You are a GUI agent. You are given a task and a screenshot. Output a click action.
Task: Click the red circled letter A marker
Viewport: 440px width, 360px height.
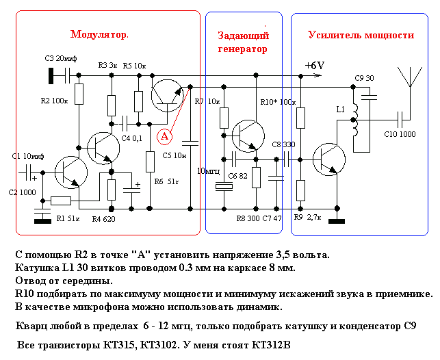[x=164, y=137]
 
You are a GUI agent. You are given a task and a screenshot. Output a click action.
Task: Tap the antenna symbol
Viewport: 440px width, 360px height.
[x=410, y=84]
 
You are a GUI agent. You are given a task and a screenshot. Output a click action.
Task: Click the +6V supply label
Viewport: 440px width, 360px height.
[x=315, y=66]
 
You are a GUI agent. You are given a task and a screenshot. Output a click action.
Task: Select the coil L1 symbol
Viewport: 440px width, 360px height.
[x=355, y=120]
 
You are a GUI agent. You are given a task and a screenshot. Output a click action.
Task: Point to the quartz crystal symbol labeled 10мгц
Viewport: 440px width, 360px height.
[x=224, y=186]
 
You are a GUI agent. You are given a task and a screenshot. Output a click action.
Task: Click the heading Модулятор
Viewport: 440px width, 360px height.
[x=99, y=34]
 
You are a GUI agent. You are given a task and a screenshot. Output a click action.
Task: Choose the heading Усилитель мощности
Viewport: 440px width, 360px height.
[x=361, y=36]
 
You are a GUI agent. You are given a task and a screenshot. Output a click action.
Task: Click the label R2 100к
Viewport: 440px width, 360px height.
[x=55, y=101]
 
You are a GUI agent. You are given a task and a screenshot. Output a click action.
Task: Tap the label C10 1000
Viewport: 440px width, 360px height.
[x=400, y=134]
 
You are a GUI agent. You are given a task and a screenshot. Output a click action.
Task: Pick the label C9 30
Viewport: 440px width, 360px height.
[x=364, y=78]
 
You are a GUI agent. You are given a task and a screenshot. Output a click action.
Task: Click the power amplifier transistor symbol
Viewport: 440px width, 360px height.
[x=329, y=159]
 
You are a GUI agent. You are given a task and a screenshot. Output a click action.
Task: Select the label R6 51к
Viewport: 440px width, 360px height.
[x=166, y=182]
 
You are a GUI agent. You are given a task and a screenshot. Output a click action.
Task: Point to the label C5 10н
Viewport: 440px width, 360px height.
[x=174, y=155]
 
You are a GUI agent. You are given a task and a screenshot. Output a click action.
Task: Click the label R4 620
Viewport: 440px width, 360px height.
[x=103, y=219]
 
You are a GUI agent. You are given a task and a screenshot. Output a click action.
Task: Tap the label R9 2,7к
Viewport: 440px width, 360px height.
[x=307, y=217]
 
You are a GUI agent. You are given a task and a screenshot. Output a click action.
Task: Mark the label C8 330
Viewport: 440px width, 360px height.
[x=284, y=144]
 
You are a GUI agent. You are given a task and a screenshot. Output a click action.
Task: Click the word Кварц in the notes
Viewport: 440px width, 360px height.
[x=31, y=326]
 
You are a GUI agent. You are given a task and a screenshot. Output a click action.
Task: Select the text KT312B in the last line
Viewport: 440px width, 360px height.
[x=271, y=345]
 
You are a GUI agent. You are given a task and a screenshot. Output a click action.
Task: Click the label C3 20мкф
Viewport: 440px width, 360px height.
[x=61, y=58]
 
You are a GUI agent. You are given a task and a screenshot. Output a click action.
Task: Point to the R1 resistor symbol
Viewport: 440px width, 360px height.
[x=61, y=201]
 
